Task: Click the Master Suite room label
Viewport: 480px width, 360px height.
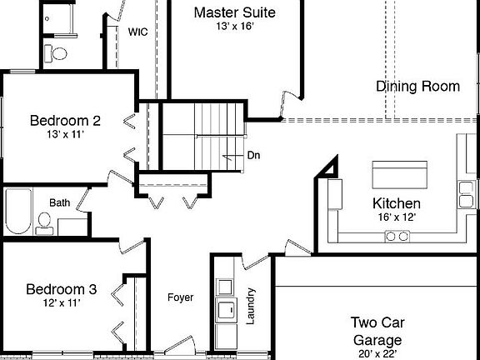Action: point(234,12)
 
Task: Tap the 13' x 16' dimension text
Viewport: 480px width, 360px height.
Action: point(234,27)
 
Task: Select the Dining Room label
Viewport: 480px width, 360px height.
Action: point(417,87)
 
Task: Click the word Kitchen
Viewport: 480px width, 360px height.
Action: point(396,203)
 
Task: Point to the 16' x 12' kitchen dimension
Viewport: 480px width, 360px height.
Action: point(396,217)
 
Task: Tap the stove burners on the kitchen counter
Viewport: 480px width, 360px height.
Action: point(397,237)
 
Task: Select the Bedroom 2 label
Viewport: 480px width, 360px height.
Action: point(65,121)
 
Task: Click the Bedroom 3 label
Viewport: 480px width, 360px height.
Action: point(61,290)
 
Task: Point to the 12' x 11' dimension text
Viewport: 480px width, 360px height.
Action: point(61,304)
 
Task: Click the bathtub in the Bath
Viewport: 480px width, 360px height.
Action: point(17,211)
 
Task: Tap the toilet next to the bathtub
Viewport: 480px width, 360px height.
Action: point(44,222)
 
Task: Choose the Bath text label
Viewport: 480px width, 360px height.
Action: point(59,202)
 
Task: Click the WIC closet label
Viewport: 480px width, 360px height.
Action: point(138,32)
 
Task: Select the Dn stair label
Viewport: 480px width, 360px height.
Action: point(253,156)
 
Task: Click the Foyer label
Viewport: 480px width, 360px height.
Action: point(180,297)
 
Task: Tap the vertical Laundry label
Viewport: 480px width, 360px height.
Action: point(251,306)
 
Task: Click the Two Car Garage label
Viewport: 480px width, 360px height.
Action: point(376,331)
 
